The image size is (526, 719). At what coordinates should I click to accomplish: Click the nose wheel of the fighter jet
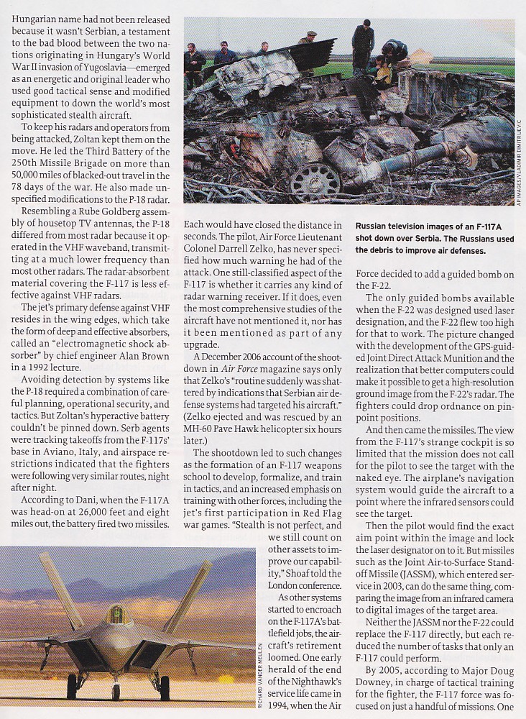(116, 691)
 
